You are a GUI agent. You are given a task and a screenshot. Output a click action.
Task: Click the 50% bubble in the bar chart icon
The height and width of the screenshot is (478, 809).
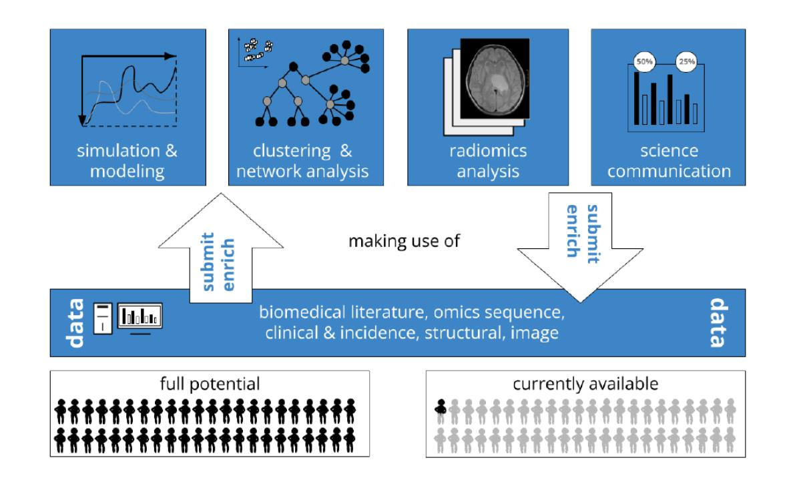pyautogui.click(x=645, y=61)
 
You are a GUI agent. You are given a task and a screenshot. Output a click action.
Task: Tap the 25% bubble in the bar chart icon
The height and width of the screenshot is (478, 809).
pyautogui.click(x=687, y=61)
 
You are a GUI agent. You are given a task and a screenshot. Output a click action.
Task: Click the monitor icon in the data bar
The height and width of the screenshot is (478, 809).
pyautogui.click(x=140, y=316)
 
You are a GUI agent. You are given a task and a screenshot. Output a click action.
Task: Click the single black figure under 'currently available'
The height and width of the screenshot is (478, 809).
pyautogui.click(x=441, y=406)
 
